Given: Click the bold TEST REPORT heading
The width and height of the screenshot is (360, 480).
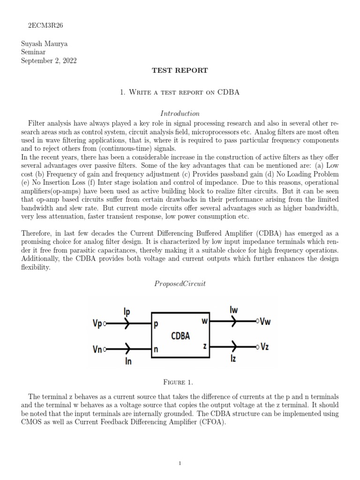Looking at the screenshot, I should pos(180,70).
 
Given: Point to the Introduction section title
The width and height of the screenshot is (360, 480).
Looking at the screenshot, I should pos(180,113).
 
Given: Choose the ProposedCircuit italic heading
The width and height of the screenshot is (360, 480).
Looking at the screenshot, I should pos(180,284).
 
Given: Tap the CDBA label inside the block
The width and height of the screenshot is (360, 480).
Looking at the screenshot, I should pos(180,336).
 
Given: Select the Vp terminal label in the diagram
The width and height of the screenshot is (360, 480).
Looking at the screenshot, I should pos(98,324).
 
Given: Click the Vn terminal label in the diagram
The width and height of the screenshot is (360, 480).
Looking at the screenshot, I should pos(98,349).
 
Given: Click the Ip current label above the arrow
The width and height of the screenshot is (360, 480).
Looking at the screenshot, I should pos(127,312).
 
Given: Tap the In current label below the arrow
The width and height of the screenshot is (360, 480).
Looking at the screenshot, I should pos(127,361).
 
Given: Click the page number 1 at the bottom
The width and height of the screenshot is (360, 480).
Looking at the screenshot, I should pos(180,464).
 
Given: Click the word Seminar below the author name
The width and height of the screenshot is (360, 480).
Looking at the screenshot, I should pos(34,52).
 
